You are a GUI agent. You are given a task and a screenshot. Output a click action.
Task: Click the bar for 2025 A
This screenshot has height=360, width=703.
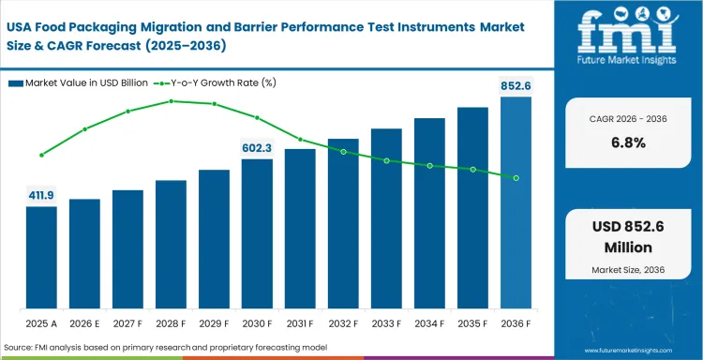[x=41, y=259]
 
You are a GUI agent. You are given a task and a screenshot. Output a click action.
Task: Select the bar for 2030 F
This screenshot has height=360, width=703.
[x=257, y=234]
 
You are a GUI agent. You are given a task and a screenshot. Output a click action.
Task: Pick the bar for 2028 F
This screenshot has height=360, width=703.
[x=171, y=245]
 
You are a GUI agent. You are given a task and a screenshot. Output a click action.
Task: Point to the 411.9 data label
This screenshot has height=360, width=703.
[x=41, y=195]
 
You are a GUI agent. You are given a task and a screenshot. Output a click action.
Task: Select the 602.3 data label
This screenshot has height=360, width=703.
[x=257, y=148]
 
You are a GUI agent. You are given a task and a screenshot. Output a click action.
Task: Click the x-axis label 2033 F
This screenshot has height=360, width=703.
[x=386, y=323]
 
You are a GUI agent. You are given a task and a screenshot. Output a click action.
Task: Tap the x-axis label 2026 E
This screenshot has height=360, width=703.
[x=84, y=323]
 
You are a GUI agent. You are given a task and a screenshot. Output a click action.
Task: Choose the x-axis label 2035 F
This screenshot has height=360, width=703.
[x=472, y=323]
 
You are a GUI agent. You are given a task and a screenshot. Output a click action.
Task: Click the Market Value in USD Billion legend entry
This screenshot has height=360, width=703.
[x=81, y=83]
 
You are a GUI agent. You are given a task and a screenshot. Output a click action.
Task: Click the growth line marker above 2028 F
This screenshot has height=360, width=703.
[x=171, y=100]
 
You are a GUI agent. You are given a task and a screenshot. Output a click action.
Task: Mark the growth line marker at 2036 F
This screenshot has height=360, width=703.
[x=516, y=177]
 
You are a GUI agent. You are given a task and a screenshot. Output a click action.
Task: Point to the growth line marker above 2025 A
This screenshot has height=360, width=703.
[x=41, y=155]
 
